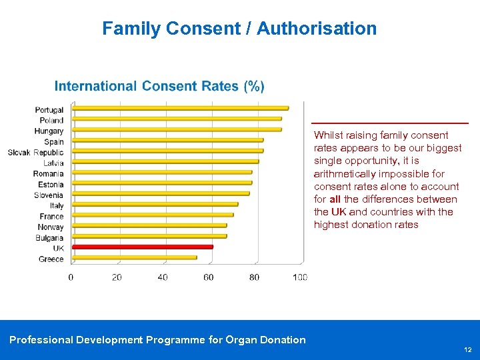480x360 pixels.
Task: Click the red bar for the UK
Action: coord(142,247)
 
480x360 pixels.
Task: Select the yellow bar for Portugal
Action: coord(180,108)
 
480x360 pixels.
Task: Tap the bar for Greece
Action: coord(134,257)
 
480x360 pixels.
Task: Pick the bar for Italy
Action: coord(155,204)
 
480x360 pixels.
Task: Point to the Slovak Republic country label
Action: coord(36,153)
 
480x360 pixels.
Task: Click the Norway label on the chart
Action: coord(51,227)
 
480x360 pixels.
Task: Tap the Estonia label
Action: coord(51,185)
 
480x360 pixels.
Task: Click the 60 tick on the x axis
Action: coord(209,277)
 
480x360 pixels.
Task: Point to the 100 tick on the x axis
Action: coord(300,277)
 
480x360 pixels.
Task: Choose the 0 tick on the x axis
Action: coord(71,277)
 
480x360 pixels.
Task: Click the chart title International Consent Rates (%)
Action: coord(159,86)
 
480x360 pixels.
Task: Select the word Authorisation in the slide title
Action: coord(317,29)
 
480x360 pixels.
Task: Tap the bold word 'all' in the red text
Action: coord(335,199)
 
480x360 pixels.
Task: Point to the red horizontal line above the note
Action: coord(390,123)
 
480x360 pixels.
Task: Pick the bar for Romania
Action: coord(162,172)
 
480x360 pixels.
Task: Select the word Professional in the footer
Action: coord(41,340)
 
